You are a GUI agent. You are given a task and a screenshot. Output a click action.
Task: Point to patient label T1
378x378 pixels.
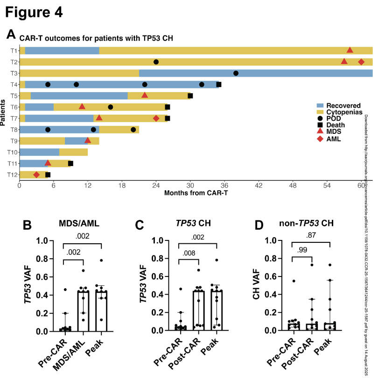point(14,51)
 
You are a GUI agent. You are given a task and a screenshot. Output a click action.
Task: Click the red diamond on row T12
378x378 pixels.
point(36,174)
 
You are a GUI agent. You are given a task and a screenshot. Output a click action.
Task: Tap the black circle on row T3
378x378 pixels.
point(236,73)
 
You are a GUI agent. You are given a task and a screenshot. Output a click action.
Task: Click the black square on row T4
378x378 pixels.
point(219,84)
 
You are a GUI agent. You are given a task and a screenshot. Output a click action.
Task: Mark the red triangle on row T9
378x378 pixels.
point(88,140)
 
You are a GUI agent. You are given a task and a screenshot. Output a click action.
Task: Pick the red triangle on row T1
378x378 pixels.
point(350,50)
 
